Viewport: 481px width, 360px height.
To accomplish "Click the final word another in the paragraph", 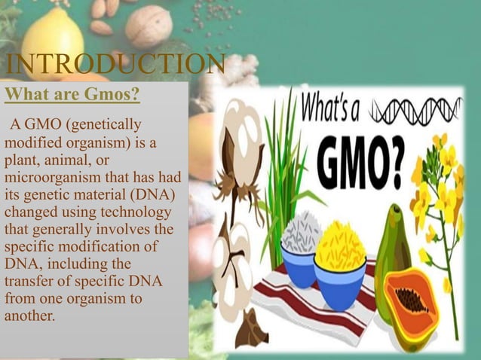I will click(x=29, y=316).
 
